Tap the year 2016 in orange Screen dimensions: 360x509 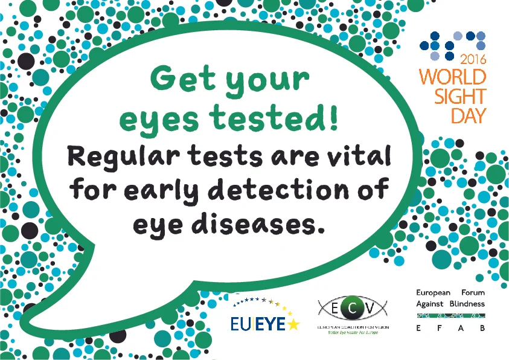coord(473,60)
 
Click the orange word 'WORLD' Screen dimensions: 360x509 coord(453,77)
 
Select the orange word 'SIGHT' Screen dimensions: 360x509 coord(461,96)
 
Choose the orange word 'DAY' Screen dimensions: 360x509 coord(469,115)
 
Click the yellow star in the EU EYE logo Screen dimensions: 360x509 coord(293,324)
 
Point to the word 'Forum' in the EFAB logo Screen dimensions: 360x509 coord(471,292)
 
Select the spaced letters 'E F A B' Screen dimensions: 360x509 coord(450,329)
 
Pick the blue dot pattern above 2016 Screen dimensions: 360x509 coord(453,45)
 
